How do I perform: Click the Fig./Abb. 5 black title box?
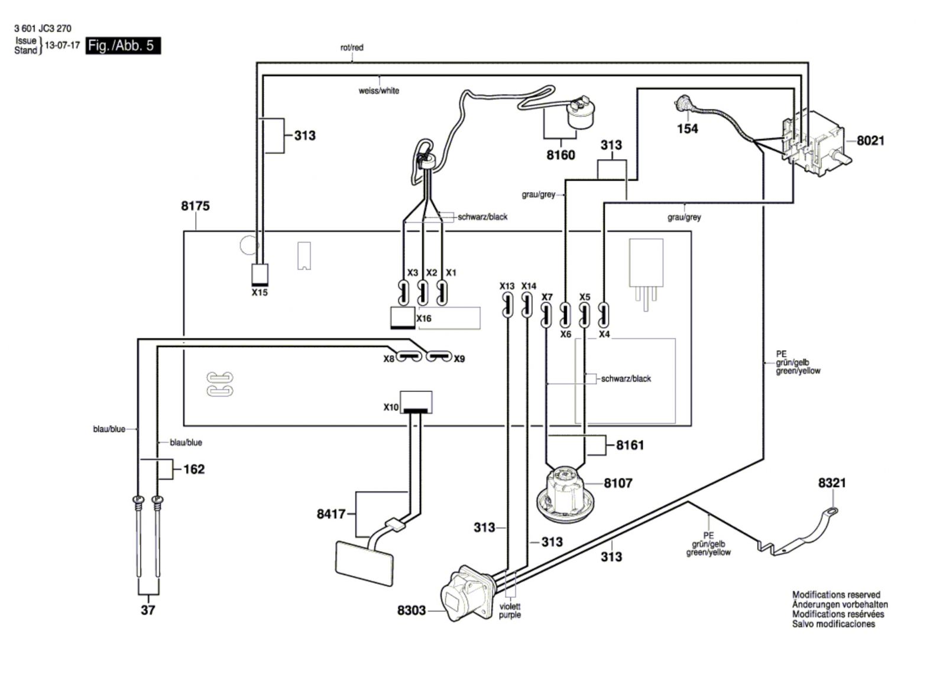click(123, 46)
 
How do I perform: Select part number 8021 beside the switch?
click(870, 140)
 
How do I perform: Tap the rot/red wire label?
click(352, 48)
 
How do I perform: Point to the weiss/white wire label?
click(379, 90)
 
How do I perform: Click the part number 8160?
click(561, 155)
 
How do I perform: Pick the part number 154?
click(688, 129)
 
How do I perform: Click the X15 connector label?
click(260, 292)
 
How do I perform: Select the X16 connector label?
click(424, 319)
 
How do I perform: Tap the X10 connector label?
click(391, 407)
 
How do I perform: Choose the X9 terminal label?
click(459, 359)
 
